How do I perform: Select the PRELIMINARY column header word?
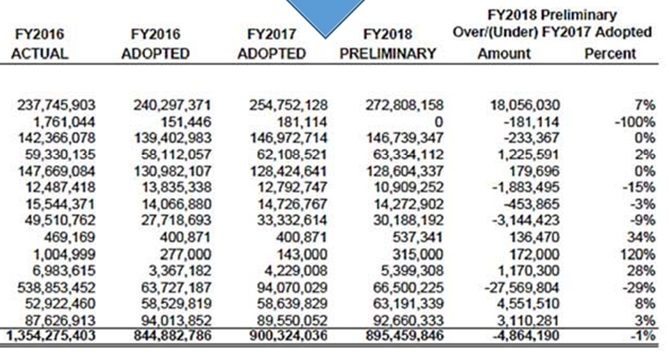coord(389,53)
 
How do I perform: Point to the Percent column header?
coord(610,53)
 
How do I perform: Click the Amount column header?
coord(505,53)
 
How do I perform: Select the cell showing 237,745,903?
coord(57,105)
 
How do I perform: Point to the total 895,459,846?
coord(400,334)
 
